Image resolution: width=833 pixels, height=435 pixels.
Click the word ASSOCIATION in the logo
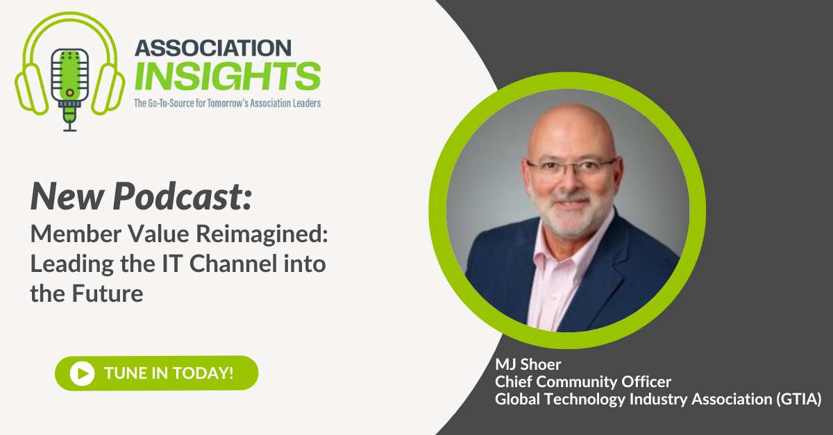212,47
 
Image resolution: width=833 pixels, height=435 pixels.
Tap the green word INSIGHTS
227,75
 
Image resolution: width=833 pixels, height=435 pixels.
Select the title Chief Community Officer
584,383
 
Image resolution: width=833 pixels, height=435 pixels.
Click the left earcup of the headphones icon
28,87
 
